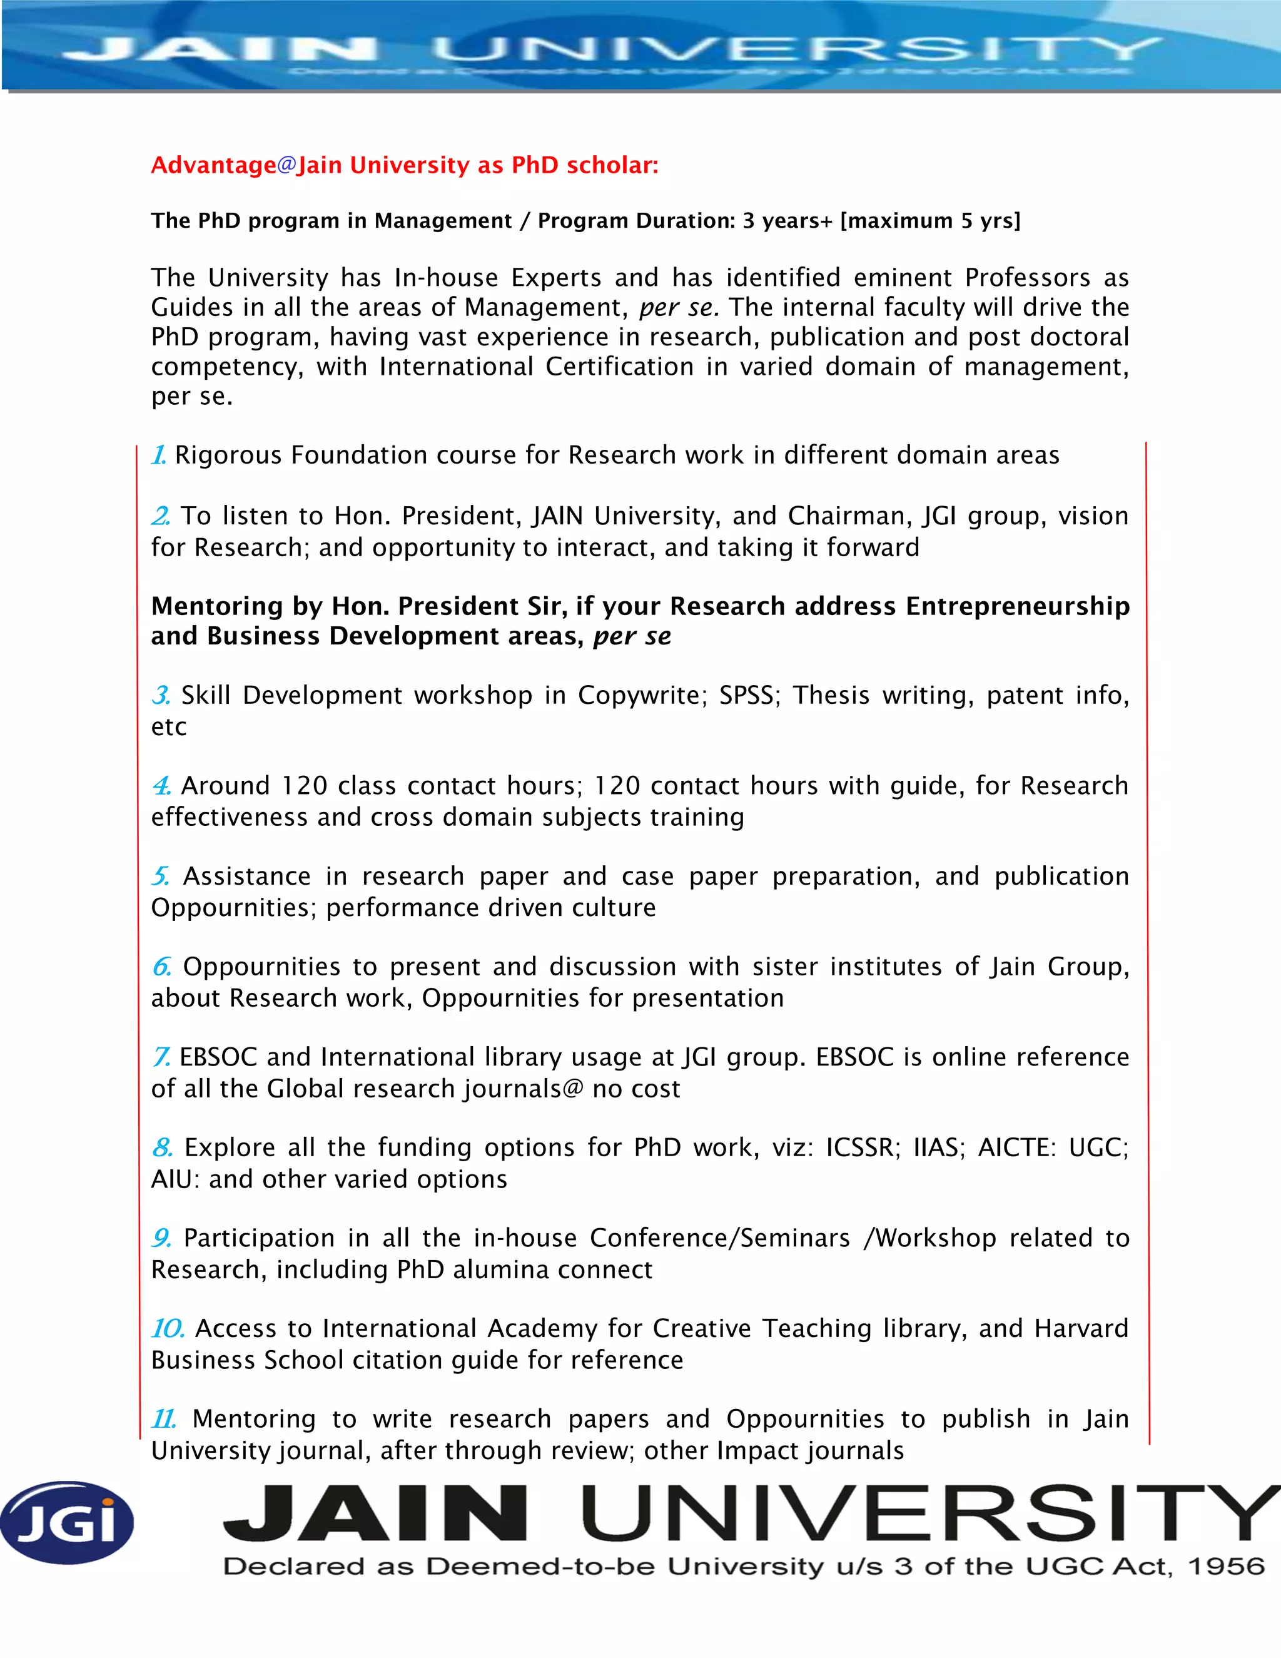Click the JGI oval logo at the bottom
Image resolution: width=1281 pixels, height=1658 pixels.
(x=67, y=1522)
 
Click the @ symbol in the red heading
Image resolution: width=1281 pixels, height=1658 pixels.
(x=286, y=165)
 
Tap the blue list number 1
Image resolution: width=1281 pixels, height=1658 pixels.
(x=159, y=455)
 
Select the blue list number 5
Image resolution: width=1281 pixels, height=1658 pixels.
(x=160, y=876)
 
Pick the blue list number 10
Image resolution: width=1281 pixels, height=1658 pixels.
(x=168, y=1328)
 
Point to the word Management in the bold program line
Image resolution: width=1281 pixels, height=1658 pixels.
(x=443, y=221)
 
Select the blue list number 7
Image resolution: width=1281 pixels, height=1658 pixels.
(x=161, y=1057)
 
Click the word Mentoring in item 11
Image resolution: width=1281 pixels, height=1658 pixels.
(x=253, y=1419)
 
